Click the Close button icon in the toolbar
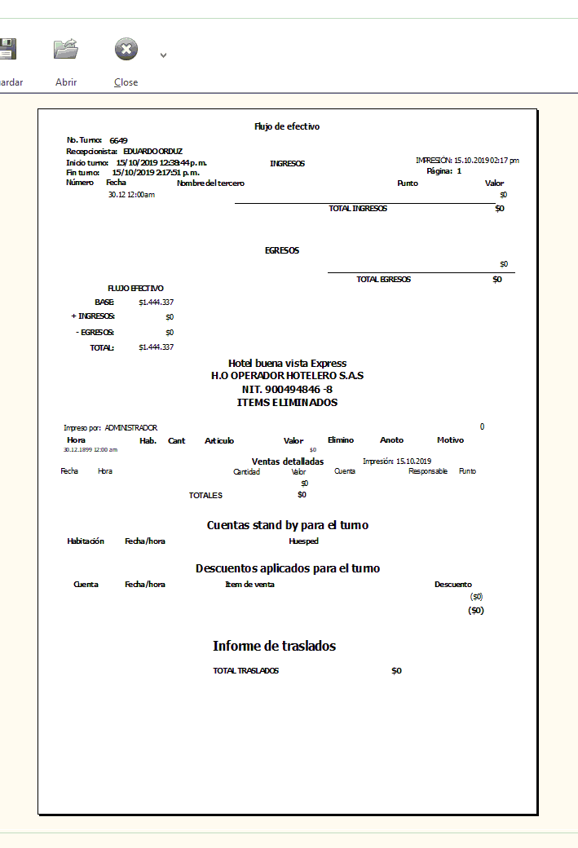click(x=126, y=50)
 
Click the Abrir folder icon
click(x=65, y=49)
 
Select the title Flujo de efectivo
click(x=287, y=126)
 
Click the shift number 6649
click(x=118, y=140)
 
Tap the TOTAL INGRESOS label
click(x=357, y=209)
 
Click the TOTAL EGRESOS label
click(x=383, y=279)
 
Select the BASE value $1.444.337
click(x=156, y=302)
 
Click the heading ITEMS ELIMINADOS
click(x=287, y=402)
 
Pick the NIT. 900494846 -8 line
click(x=287, y=389)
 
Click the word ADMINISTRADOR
click(x=130, y=427)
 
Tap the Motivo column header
click(x=450, y=440)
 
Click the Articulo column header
click(x=219, y=440)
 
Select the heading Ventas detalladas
click(x=288, y=462)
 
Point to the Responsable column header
click(x=428, y=471)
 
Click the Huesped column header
click(x=303, y=541)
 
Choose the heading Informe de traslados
click(x=274, y=646)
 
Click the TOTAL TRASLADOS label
click(x=245, y=671)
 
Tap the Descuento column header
click(x=452, y=584)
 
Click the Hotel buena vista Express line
click(x=287, y=363)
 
